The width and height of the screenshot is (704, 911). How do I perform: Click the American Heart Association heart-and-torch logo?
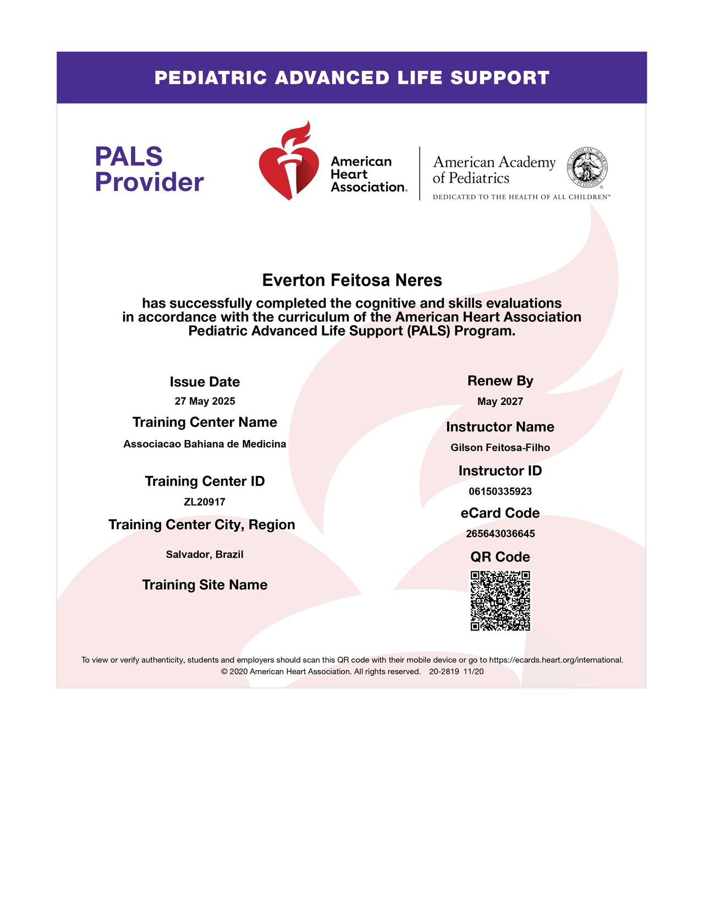[x=289, y=161]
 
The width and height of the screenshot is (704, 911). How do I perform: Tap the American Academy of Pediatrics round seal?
[x=587, y=166]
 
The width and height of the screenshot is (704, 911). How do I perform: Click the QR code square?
[x=500, y=600]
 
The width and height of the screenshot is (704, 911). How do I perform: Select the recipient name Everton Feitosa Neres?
[x=352, y=280]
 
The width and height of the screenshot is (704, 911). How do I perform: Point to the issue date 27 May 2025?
[x=205, y=401]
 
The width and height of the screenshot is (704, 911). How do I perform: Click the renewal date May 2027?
[x=500, y=402]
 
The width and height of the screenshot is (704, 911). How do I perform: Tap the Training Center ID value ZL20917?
[x=205, y=502]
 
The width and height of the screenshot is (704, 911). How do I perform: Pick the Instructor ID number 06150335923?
[x=500, y=491]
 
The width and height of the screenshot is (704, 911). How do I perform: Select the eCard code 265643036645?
[x=500, y=534]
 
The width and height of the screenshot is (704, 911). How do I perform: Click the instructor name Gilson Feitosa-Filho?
[x=500, y=447]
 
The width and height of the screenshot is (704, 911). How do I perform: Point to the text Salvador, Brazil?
[x=205, y=555]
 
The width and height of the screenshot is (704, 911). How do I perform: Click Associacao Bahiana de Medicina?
[x=205, y=444]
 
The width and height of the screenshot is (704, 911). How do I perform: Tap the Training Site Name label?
[x=205, y=585]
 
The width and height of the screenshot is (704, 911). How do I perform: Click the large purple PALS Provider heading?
[x=149, y=169]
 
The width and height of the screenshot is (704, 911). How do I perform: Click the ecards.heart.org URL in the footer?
[x=555, y=660]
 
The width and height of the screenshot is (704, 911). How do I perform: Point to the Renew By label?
[x=500, y=381]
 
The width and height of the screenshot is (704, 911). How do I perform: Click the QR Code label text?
[x=500, y=557]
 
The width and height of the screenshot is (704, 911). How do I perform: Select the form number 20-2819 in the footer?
[x=444, y=671]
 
